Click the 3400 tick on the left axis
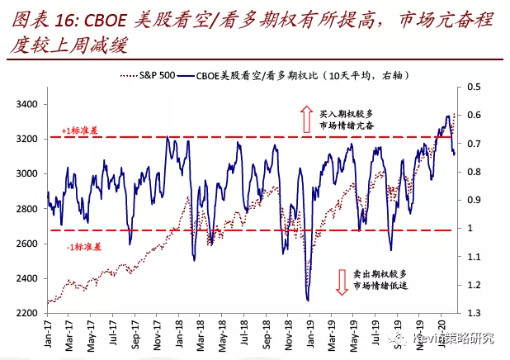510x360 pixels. tap(27, 104)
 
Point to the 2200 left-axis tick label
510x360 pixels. tap(27, 313)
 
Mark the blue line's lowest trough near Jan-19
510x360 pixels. tap(307, 300)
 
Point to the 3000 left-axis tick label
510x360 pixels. tap(27, 173)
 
